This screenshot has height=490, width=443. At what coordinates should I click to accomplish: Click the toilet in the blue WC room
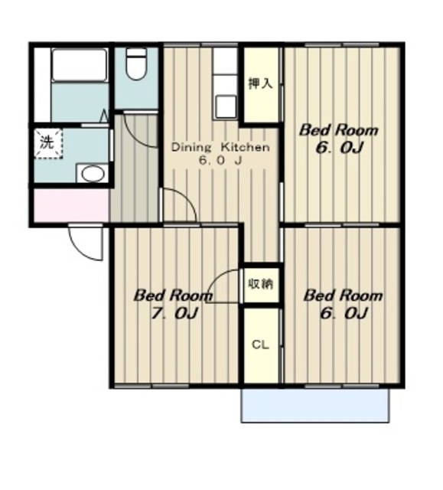136,64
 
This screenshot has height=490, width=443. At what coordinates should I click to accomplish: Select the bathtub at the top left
80,65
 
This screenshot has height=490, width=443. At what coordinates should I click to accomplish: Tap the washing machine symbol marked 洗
48,143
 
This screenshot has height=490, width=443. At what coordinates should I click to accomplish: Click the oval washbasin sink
93,174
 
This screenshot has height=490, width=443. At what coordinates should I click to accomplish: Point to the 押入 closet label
261,83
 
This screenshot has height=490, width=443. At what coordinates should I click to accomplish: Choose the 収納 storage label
261,284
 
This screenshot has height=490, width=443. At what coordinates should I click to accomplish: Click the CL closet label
260,345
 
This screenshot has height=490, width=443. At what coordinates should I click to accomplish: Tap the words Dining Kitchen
220,147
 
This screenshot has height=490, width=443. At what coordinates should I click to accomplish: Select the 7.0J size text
174,313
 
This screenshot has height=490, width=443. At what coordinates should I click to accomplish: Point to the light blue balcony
315,405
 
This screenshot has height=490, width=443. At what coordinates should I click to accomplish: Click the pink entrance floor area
71,205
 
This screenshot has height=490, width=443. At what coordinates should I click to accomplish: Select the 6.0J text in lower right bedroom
343,313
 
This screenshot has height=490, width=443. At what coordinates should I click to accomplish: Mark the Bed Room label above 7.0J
173,296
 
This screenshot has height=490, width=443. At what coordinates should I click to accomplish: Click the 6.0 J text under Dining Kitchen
220,161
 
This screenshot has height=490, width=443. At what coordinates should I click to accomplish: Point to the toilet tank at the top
136,52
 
